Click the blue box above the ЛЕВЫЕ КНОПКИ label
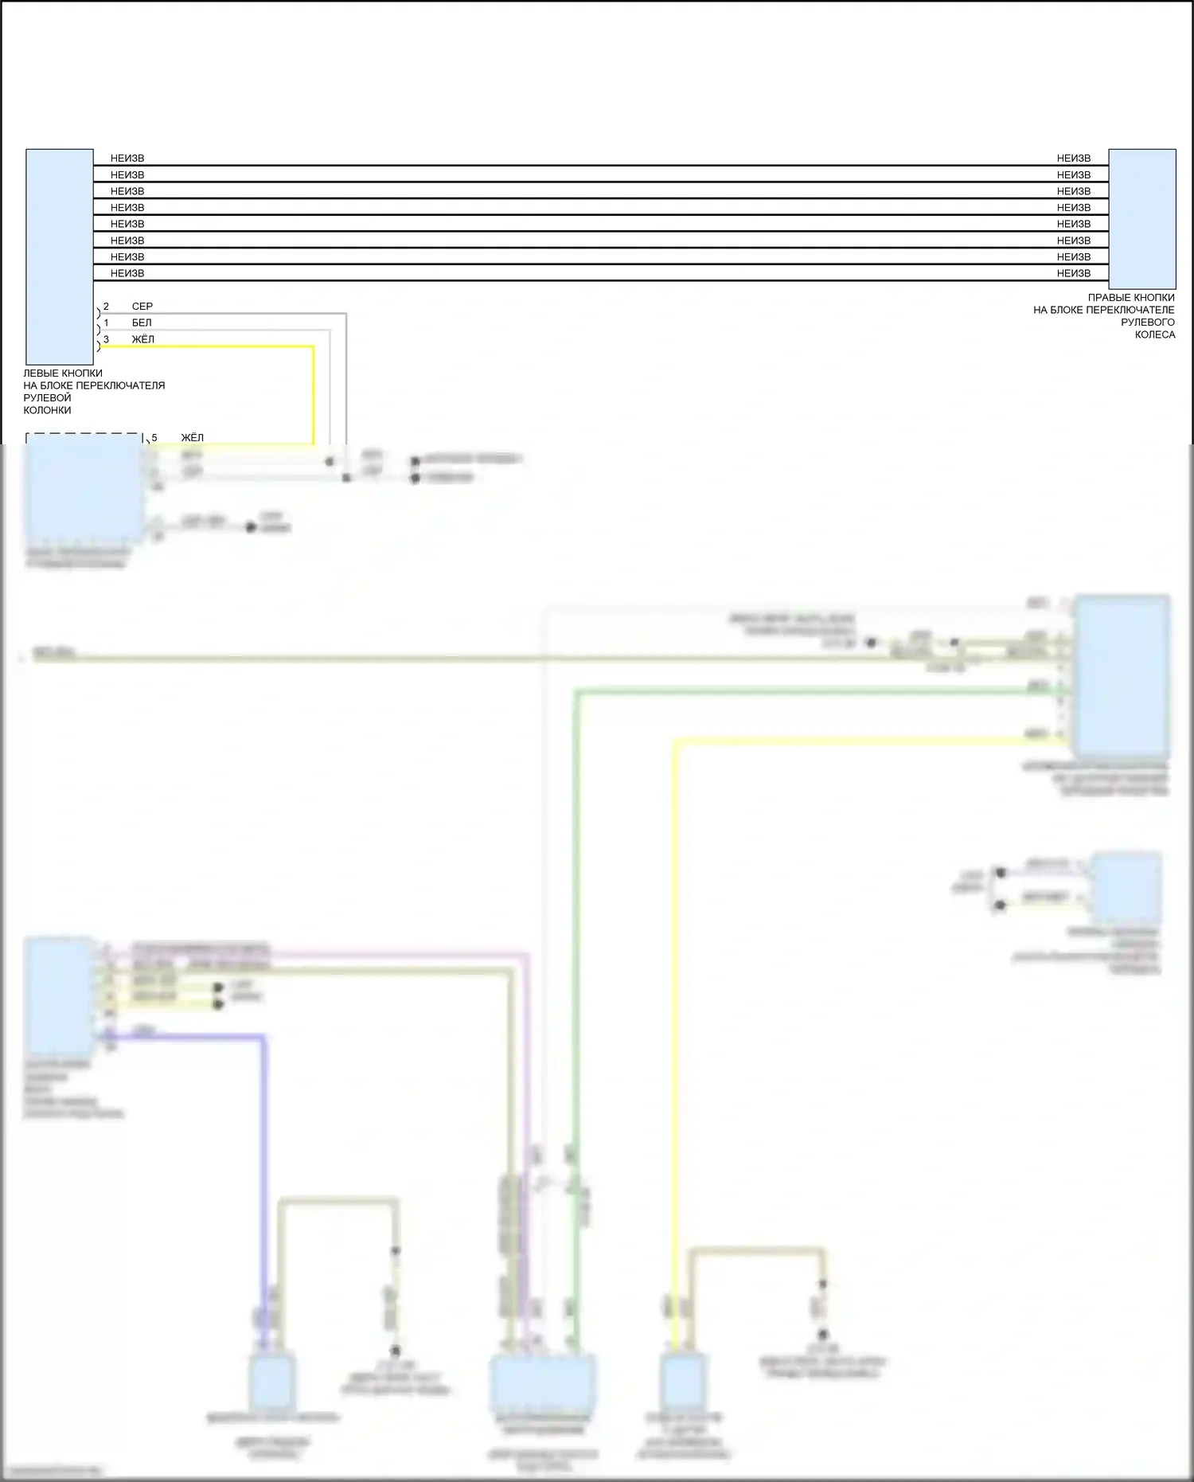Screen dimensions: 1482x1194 59,256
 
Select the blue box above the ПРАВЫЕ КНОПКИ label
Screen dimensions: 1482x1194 1141,218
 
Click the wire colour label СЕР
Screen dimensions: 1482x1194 142,307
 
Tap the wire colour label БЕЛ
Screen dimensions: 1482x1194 142,323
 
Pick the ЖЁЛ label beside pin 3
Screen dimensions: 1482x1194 142,340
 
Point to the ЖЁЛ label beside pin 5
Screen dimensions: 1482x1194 192,438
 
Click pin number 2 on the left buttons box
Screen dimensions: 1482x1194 106,307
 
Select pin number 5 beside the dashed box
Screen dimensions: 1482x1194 154,438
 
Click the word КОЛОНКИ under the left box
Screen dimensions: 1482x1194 47,411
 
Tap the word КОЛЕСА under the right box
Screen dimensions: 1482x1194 1154,335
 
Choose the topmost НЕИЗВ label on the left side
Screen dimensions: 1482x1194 127,158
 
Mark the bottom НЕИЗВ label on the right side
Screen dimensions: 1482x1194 1073,274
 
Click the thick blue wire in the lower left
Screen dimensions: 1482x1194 263,1155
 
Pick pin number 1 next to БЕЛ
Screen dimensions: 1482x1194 106,323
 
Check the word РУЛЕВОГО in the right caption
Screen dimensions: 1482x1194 1147,323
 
